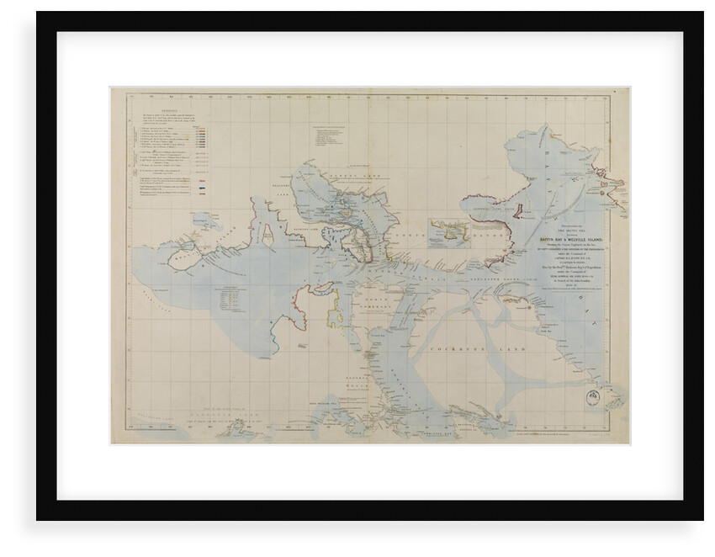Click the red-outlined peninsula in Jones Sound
tap(519, 212)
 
